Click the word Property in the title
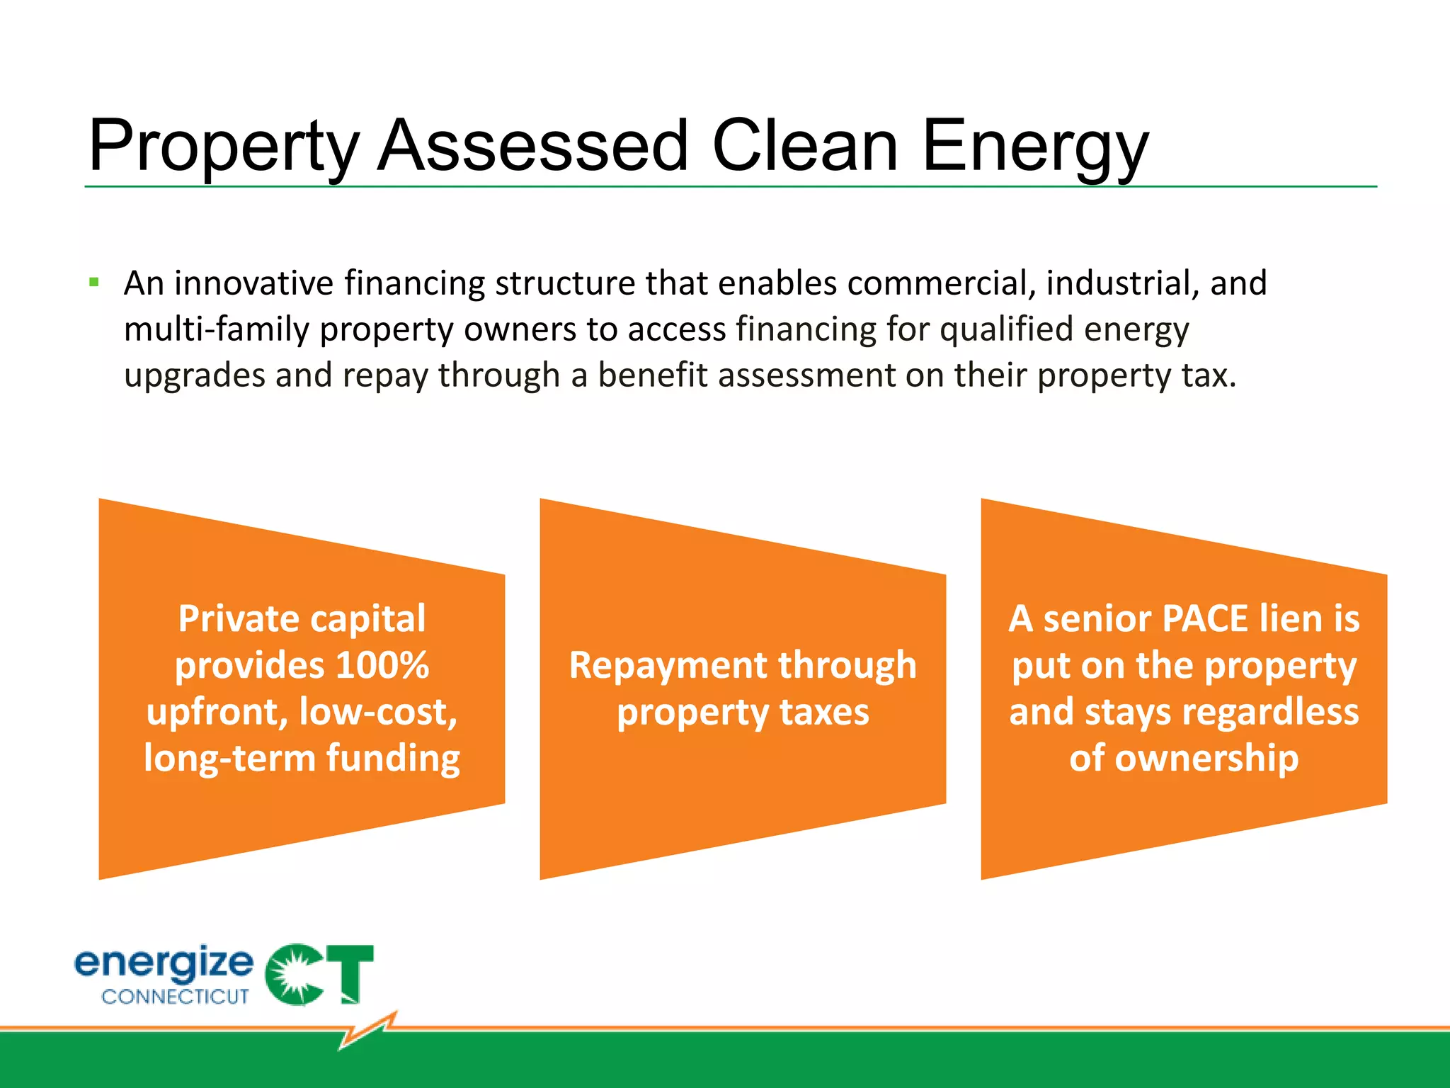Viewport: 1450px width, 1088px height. tap(223, 147)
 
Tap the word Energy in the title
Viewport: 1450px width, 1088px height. tap(1035, 147)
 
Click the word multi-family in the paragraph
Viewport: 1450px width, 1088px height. tap(216, 330)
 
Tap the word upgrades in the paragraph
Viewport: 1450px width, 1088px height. tap(193, 376)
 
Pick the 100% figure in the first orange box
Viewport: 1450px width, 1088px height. tap(382, 666)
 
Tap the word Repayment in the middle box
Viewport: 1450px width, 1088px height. tap(668, 666)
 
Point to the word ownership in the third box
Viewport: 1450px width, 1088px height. tap(1184, 759)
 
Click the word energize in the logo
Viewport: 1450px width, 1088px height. tap(164, 963)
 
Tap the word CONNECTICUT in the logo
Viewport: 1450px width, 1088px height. tap(175, 997)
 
